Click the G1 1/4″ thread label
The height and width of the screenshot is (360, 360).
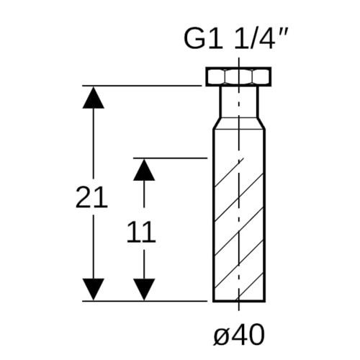(235, 39)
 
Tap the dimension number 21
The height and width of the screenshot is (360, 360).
(91, 197)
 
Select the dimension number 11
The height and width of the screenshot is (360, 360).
(141, 232)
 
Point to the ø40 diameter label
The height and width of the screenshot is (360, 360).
(239, 335)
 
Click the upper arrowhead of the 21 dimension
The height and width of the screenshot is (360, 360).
(94, 98)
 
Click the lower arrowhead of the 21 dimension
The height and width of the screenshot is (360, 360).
(94, 289)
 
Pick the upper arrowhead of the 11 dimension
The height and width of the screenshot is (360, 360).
(144, 170)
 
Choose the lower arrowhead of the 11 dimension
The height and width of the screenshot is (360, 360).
(144, 289)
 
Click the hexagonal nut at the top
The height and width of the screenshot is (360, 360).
(238, 77)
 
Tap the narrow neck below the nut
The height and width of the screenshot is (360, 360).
(239, 102)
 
